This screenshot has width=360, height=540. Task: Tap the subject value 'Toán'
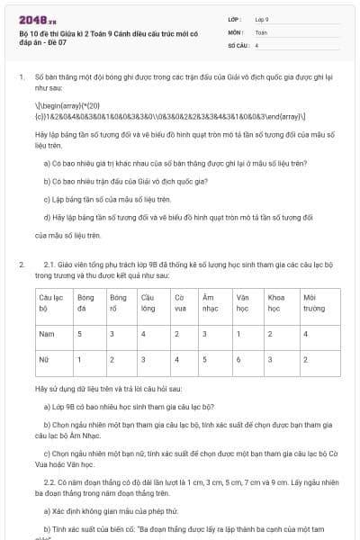(261, 31)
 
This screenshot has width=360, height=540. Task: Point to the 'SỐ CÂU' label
(238, 44)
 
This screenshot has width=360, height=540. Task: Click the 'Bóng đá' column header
(85, 301)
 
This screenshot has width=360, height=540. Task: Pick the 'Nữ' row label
(41, 359)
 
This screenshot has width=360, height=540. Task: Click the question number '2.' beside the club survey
(21, 265)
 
